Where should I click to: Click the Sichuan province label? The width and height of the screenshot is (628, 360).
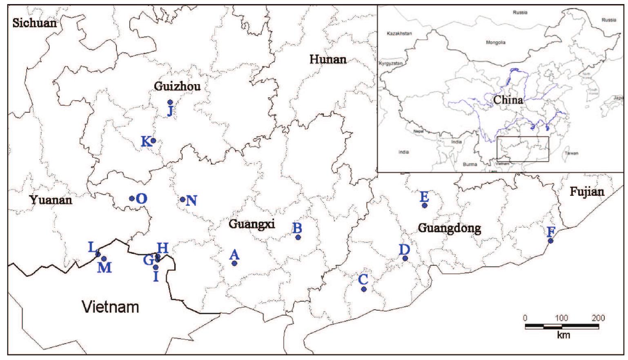tap(35, 22)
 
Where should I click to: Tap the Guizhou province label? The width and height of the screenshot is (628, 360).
tap(177, 86)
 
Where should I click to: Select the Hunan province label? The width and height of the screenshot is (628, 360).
tap(328, 60)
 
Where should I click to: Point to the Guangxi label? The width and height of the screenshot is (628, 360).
tap(252, 224)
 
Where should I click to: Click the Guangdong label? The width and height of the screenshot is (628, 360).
tap(449, 228)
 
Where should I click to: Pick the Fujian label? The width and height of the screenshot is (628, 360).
tap(587, 192)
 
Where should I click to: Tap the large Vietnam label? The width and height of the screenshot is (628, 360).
tap(111, 306)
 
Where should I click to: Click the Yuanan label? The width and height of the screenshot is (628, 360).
tap(51, 200)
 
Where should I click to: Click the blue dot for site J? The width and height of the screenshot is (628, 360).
tap(170, 102)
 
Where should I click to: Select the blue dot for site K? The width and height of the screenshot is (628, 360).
tap(154, 141)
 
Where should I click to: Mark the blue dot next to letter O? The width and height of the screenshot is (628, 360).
tap(132, 199)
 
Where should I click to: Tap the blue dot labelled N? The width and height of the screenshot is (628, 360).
tap(183, 199)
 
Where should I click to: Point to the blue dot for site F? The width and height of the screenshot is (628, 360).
tap(550, 241)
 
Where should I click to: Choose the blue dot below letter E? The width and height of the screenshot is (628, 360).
tap(425, 206)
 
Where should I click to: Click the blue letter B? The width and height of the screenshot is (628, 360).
tap(298, 228)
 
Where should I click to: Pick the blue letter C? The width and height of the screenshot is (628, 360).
tap(363, 280)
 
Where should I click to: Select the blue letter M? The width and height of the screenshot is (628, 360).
tap(105, 268)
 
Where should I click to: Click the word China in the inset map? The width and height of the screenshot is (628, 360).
tap(508, 100)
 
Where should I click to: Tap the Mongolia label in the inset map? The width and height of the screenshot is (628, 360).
tap(495, 42)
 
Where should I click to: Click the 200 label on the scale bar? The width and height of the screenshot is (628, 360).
tap(598, 318)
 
